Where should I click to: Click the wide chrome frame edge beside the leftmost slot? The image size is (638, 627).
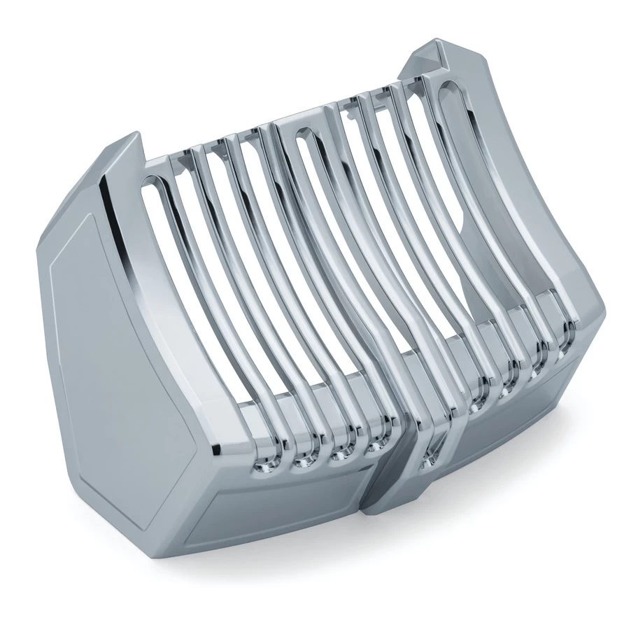point(122,231)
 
